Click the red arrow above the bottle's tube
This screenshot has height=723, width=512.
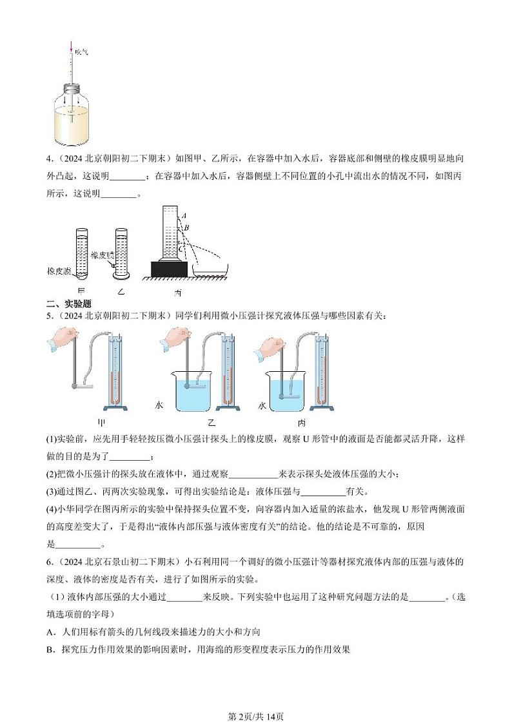pyautogui.click(x=71, y=46)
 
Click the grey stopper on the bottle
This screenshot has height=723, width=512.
pyautogui.click(x=71, y=87)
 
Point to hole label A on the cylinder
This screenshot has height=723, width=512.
pyautogui.click(x=184, y=215)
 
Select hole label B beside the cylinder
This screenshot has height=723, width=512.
pyautogui.click(x=186, y=227)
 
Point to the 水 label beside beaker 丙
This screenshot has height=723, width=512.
pyautogui.click(x=262, y=406)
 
